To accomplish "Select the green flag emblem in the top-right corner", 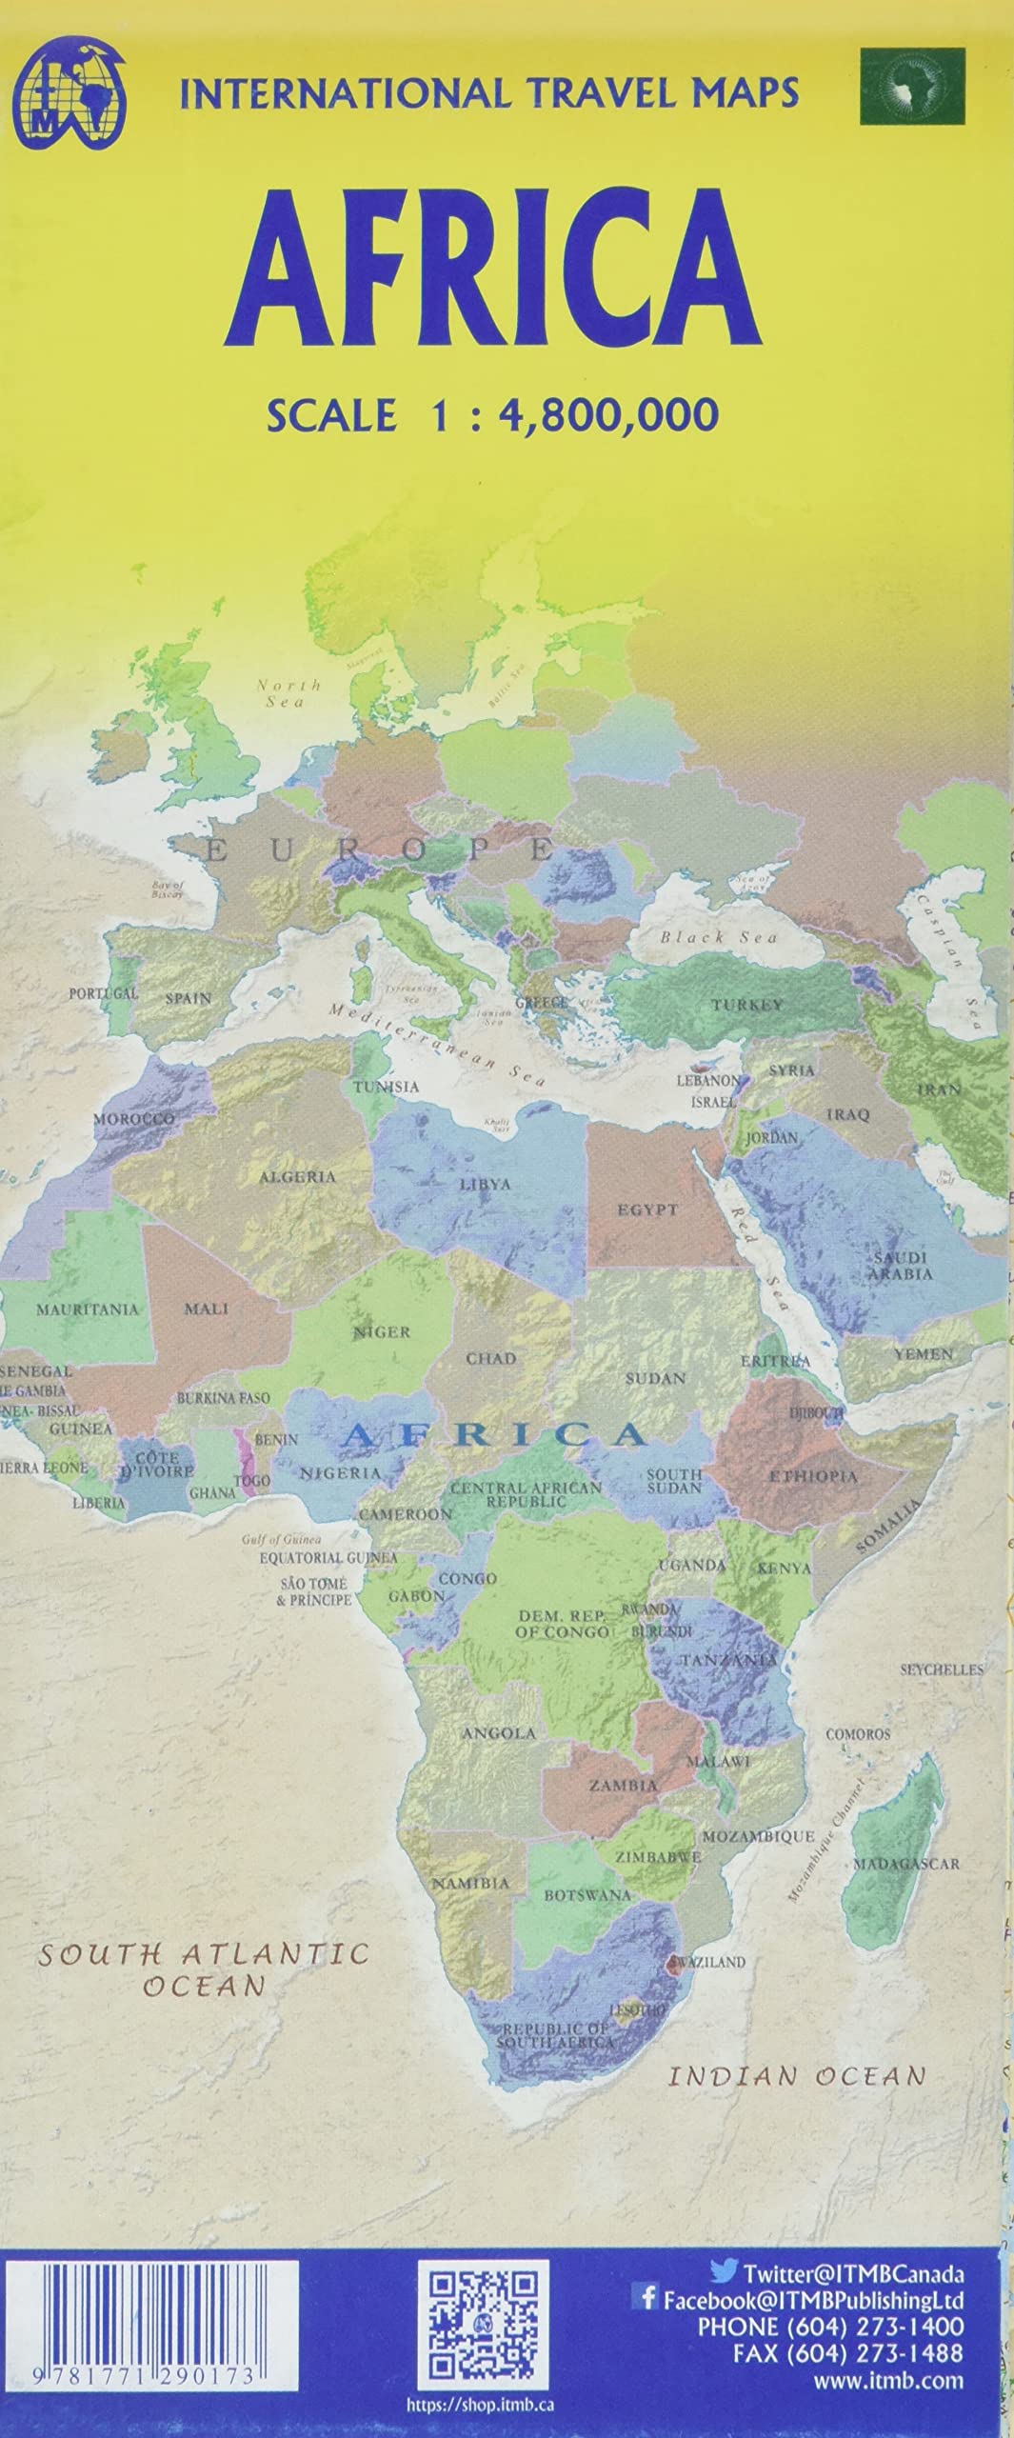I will coord(911,88).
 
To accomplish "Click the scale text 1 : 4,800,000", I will coord(492,415).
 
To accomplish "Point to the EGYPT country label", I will coord(647,1210).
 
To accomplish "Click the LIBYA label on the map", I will coord(486,1185).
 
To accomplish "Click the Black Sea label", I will coord(719,937).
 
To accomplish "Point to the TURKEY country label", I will coord(747,1005).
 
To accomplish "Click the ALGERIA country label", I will coord(298,1177).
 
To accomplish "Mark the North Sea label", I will coord(288,693).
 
